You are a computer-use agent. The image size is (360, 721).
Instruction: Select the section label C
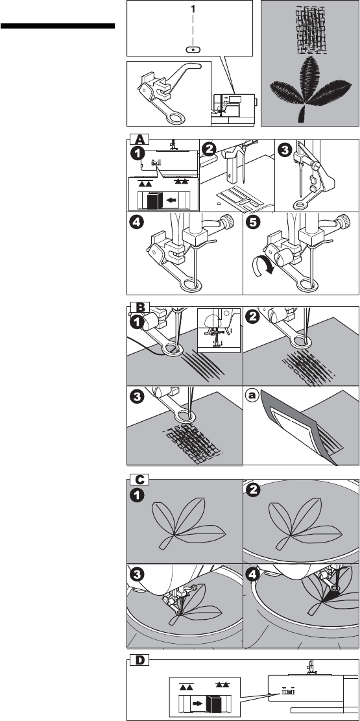point(139,480)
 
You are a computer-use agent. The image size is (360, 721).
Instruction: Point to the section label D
point(139,660)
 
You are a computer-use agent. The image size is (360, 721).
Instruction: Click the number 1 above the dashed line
point(193,9)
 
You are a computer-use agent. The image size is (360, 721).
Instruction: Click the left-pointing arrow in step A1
point(171,200)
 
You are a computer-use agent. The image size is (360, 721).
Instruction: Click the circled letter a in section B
point(252,395)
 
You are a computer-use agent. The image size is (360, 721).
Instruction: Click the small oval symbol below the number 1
point(193,49)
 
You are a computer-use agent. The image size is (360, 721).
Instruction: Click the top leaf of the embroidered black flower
point(309,78)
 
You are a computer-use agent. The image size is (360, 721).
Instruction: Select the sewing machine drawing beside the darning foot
point(233,110)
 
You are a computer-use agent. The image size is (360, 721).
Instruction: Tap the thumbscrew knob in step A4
point(227,225)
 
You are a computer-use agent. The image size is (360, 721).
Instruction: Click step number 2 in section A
point(210,149)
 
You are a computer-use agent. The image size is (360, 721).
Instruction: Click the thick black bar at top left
point(58,26)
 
